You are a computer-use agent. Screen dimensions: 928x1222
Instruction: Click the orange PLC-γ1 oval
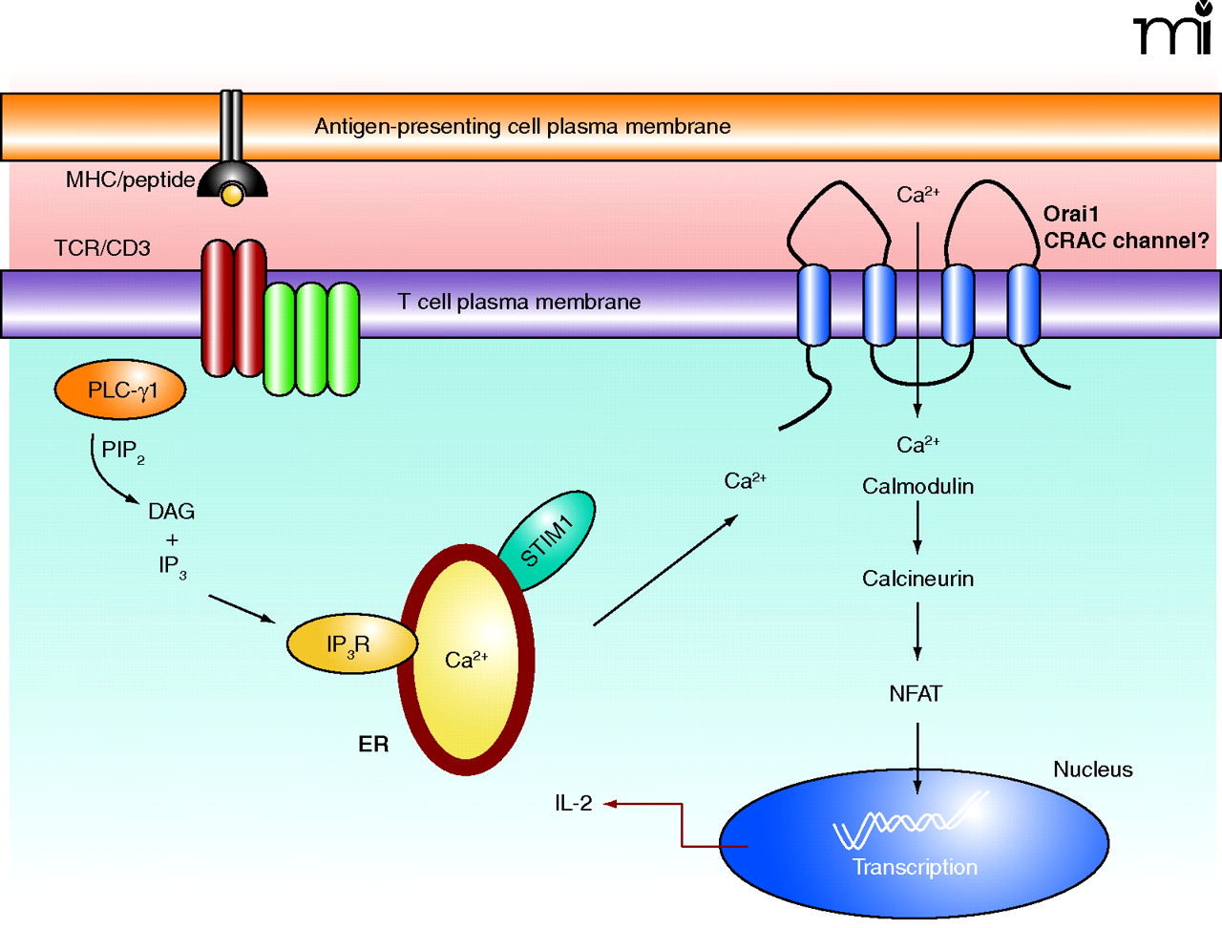click(x=120, y=390)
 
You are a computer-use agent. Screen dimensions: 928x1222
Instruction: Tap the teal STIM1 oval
click(x=547, y=541)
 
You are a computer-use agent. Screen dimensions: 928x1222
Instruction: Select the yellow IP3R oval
click(x=349, y=645)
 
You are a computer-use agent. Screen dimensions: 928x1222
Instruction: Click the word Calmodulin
click(x=917, y=487)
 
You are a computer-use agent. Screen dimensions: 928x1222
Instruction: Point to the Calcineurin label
click(x=917, y=579)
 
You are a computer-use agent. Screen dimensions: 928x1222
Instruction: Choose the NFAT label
click(x=916, y=694)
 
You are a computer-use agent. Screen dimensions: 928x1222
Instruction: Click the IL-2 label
click(x=573, y=804)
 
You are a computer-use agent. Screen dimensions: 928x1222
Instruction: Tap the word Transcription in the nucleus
click(x=915, y=867)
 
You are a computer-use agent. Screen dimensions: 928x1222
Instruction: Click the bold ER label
click(x=373, y=745)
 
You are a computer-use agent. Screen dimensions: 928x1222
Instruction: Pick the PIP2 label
click(x=122, y=451)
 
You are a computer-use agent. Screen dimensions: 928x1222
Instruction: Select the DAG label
click(x=171, y=512)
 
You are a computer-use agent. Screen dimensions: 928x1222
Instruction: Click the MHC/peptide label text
click(x=130, y=179)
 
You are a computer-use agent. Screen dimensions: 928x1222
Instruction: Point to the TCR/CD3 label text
click(x=102, y=248)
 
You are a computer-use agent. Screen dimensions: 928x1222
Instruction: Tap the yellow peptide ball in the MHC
click(x=232, y=195)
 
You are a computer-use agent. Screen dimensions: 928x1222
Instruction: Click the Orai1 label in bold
click(x=1070, y=214)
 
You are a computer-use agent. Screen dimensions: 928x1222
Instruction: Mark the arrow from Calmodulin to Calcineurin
click(x=917, y=527)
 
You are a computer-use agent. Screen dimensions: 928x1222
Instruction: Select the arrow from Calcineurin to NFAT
click(x=917, y=632)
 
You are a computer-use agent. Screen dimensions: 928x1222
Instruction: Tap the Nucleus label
click(x=1092, y=770)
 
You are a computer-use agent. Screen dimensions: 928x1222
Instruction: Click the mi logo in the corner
click(x=1172, y=29)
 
